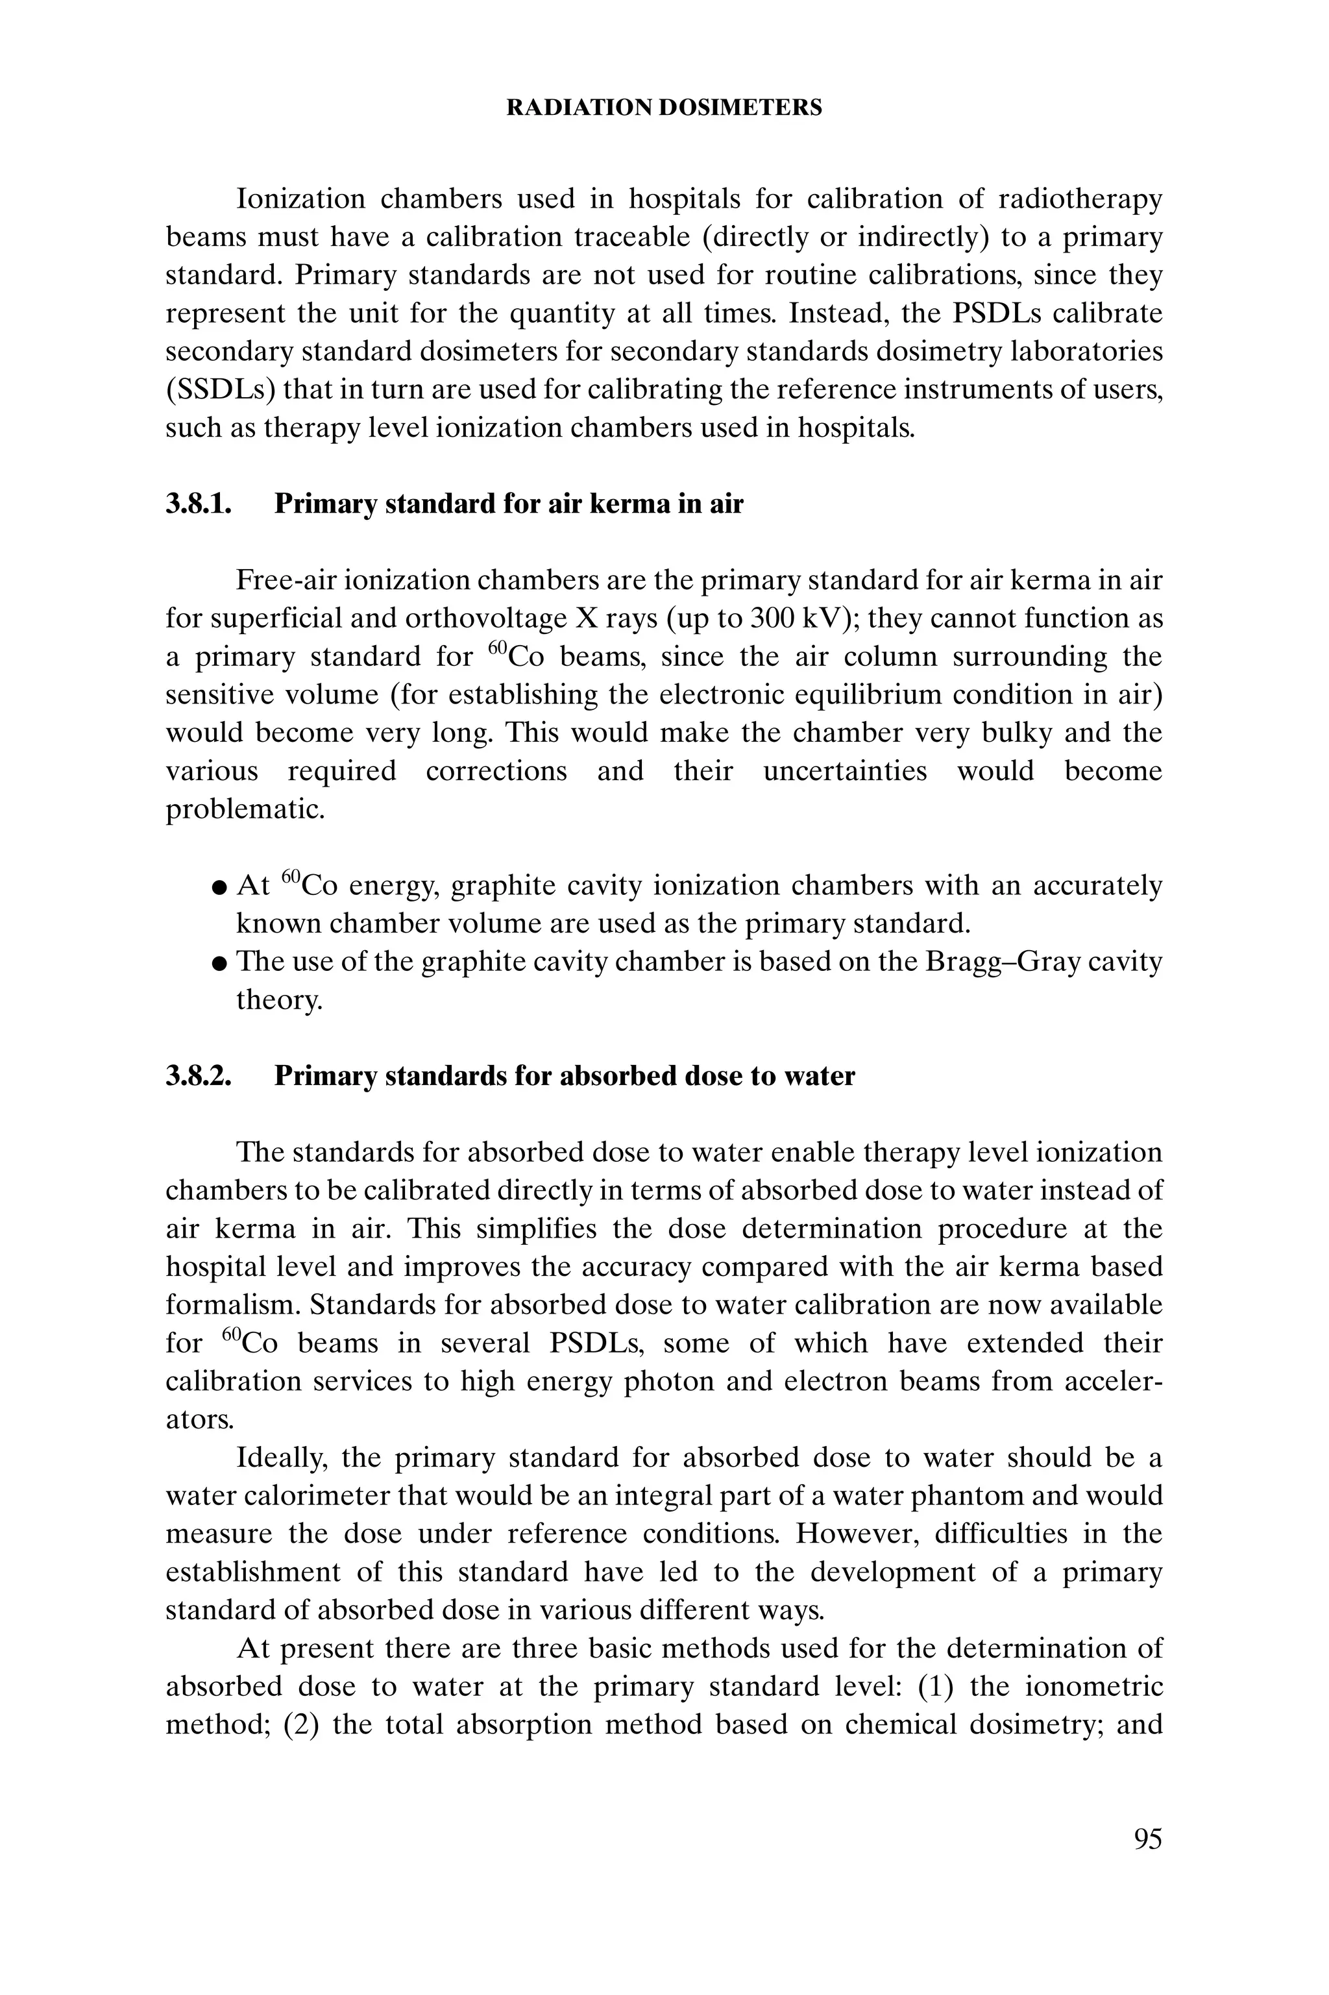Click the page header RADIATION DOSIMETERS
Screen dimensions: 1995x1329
[x=664, y=108]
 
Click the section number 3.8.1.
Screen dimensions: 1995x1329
[x=199, y=504]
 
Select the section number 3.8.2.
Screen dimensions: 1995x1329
[x=199, y=1076]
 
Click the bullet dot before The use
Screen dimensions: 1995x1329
[x=219, y=964]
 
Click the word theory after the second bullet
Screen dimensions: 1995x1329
[x=279, y=1001]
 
